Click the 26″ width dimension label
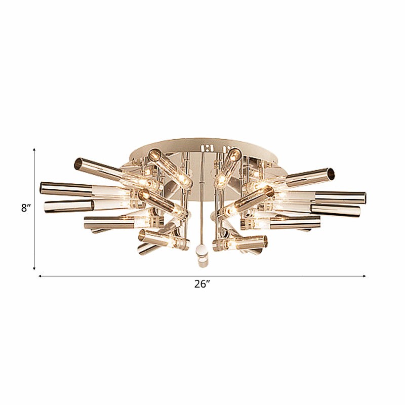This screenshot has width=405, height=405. (x=201, y=285)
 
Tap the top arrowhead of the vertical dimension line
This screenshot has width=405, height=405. (x=34, y=150)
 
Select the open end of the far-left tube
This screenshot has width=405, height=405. (x=43, y=188)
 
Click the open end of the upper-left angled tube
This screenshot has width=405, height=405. (x=78, y=164)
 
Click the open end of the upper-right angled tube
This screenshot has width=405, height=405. (x=330, y=174)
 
